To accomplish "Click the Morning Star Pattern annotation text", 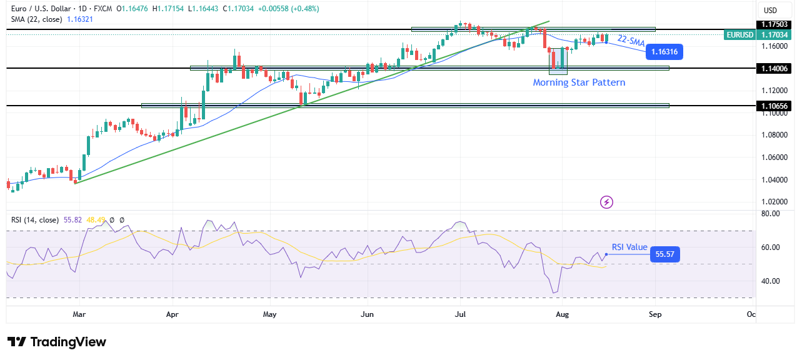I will point(578,82).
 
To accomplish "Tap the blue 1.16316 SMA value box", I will point(665,52).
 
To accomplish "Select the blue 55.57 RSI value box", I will point(664,254).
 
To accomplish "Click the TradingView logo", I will point(57,342).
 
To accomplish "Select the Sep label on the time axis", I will point(654,314).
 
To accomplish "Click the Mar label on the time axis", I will point(79,314).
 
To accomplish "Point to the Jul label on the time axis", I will point(461,314).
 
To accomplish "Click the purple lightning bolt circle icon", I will point(606,202).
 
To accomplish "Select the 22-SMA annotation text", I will point(631,41).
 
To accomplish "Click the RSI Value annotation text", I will point(629,247).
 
